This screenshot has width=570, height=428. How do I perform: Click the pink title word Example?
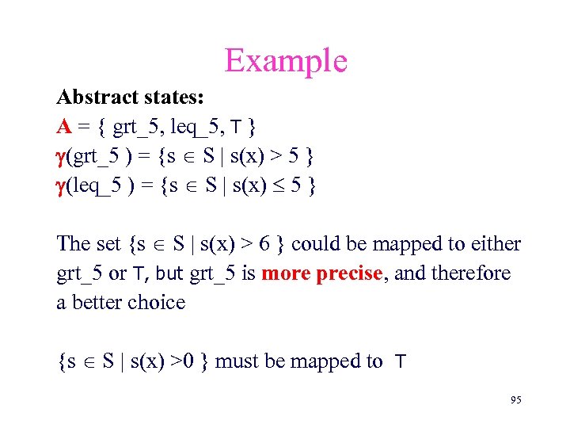pyautogui.click(x=286, y=60)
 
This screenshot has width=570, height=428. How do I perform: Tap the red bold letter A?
pyautogui.click(x=63, y=127)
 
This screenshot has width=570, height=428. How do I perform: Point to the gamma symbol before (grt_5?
pyautogui.click(x=62, y=157)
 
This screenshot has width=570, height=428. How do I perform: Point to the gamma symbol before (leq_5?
pyautogui.click(x=62, y=186)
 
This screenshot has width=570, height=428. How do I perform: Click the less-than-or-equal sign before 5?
pyautogui.click(x=273, y=186)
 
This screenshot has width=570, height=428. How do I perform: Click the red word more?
pyautogui.click(x=287, y=273)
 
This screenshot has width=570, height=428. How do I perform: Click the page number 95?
pyautogui.click(x=515, y=401)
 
